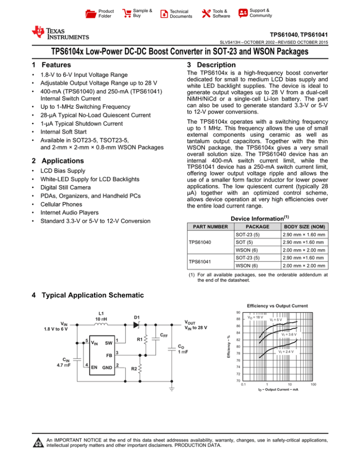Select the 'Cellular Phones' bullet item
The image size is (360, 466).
pyautogui.click(x=64, y=204)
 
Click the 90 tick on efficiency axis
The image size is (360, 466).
pyautogui.click(x=239, y=313)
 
